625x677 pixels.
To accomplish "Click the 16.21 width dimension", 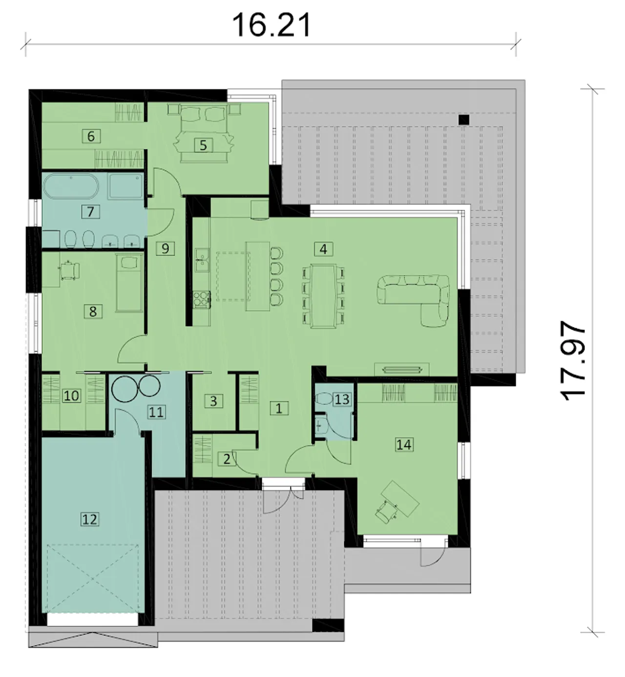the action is pyautogui.click(x=271, y=25).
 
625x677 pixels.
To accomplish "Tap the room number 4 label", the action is pyautogui.click(x=323, y=249).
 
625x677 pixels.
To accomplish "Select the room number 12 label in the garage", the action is pyautogui.click(x=90, y=519).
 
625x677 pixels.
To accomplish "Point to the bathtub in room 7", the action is pyautogui.click(x=71, y=186).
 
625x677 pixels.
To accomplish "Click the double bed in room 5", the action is pyautogui.click(x=204, y=133).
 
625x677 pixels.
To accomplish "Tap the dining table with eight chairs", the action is pyautogui.click(x=323, y=296).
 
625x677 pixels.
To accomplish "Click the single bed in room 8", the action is pyautogui.click(x=129, y=282).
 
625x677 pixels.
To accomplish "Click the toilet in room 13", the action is pyautogui.click(x=324, y=399).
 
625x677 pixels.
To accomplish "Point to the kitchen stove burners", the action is pyautogui.click(x=202, y=299).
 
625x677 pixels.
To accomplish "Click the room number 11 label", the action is pyautogui.click(x=157, y=412).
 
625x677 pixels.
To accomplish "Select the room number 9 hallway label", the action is pyautogui.click(x=165, y=248).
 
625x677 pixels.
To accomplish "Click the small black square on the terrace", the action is pyautogui.click(x=464, y=120).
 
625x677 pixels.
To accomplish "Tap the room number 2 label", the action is pyautogui.click(x=227, y=459).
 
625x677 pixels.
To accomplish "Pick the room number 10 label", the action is pyautogui.click(x=71, y=396).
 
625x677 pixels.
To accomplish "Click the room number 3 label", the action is pyautogui.click(x=213, y=401).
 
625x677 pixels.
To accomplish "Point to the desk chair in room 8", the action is pyautogui.click(x=70, y=270).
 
